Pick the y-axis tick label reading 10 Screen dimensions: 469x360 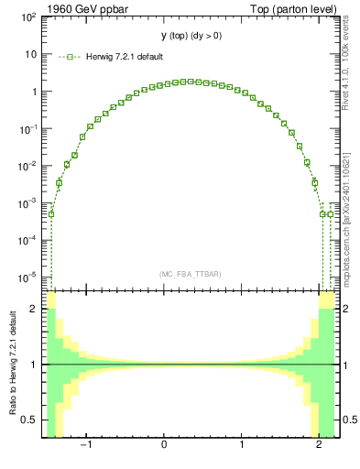[x=29, y=54]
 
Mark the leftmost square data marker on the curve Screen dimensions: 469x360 [x=51, y=214]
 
